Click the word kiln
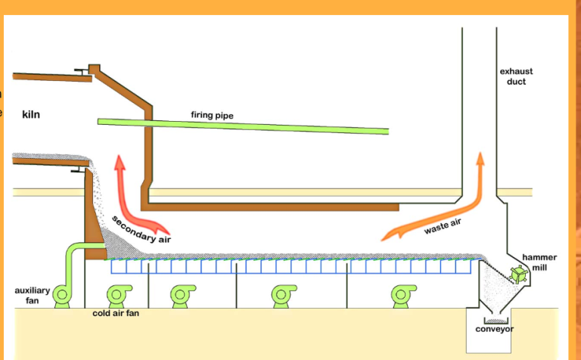click(31, 115)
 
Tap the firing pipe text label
click(212, 116)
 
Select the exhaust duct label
click(516, 76)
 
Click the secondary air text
click(141, 229)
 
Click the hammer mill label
click(539, 262)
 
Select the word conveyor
click(495, 329)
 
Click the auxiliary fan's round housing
click(61, 295)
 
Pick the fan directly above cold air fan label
click(119, 294)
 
